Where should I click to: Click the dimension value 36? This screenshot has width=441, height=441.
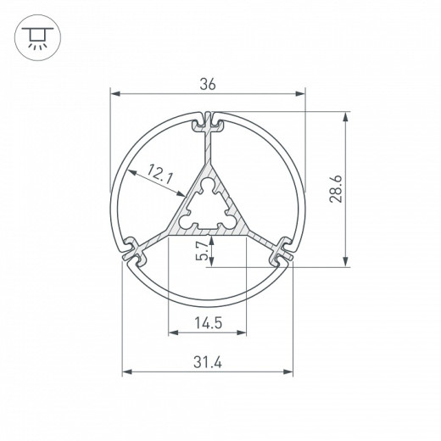(x=208, y=83)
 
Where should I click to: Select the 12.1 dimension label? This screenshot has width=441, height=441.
(x=159, y=176)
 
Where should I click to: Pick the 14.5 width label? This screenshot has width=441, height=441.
(x=208, y=321)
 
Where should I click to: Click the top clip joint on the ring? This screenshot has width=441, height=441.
(x=208, y=124)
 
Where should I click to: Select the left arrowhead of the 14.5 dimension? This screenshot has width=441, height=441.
(x=171, y=332)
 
